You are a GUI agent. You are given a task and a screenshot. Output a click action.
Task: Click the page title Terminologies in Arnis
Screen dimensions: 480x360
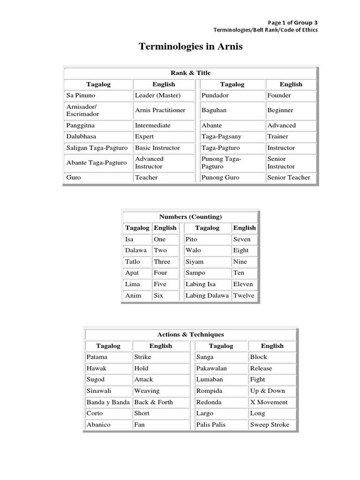point(190,47)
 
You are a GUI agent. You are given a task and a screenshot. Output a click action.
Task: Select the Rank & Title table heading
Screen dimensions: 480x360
point(190,73)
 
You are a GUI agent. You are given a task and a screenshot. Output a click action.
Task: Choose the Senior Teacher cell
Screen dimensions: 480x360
point(289,177)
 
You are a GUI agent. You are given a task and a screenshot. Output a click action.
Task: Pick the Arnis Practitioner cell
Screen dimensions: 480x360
point(160,110)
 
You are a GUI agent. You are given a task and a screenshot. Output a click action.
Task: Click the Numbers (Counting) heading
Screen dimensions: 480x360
point(190,217)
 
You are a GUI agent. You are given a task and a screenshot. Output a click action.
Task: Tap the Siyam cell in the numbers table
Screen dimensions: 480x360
point(195,262)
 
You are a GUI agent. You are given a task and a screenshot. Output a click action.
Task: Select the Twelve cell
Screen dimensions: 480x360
point(244,295)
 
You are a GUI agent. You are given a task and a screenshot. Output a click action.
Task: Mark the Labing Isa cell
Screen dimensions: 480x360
point(199,284)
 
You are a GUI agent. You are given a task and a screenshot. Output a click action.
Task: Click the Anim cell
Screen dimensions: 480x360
point(133,295)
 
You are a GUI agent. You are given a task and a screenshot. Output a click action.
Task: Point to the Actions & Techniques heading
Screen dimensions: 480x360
point(190,334)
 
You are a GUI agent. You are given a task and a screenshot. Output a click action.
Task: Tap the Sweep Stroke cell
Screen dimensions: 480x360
point(270,425)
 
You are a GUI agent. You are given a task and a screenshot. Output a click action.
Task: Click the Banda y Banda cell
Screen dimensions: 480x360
point(108,402)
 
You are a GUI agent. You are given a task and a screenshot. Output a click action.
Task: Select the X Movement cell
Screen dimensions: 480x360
point(269,402)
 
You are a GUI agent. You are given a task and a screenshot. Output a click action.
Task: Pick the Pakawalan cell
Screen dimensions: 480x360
point(211,368)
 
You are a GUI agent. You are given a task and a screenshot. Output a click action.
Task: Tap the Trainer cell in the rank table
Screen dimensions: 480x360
point(278,136)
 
